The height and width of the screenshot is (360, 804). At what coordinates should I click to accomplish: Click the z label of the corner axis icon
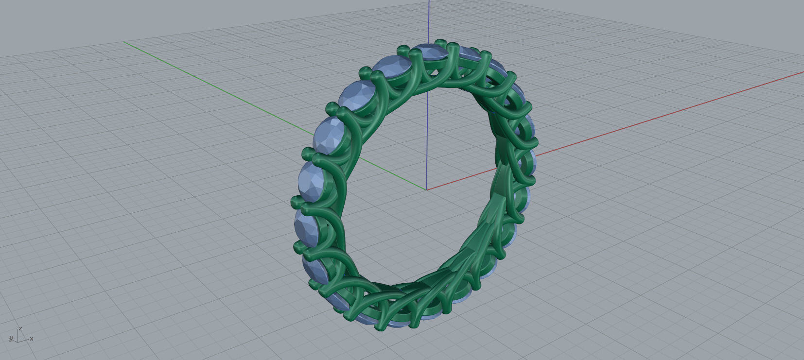(20, 329)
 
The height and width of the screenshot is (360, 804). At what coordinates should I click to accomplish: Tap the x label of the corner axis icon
(32, 339)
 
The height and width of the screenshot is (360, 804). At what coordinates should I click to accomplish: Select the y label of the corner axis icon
(10, 338)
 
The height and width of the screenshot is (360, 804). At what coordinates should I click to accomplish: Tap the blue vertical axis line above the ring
(429, 19)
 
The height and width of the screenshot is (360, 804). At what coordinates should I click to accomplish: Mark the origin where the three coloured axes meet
(427, 189)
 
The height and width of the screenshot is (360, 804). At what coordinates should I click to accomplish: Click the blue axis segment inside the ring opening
(428, 136)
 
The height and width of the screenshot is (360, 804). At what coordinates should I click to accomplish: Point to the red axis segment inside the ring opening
(462, 178)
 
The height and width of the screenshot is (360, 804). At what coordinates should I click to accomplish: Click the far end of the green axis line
(125, 42)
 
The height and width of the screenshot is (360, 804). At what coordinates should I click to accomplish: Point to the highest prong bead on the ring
(441, 43)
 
